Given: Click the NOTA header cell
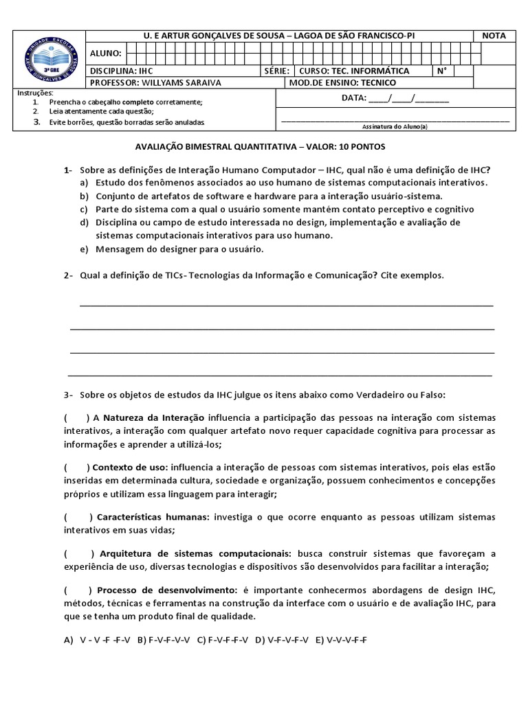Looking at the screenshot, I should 494,36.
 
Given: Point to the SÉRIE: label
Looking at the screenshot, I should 276,71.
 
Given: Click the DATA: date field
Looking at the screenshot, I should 395,98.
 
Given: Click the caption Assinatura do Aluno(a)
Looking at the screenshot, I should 395,126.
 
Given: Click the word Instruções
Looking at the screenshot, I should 34,93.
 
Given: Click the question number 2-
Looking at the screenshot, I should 68,275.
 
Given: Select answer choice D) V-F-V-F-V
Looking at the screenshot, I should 282,640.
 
